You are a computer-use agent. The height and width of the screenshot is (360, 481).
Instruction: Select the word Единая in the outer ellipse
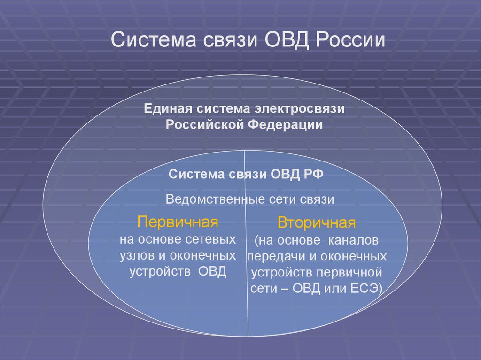click(x=167, y=108)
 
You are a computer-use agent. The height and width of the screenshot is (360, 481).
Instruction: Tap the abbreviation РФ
click(x=313, y=174)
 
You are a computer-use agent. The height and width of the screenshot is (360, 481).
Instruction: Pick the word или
click(x=334, y=288)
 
